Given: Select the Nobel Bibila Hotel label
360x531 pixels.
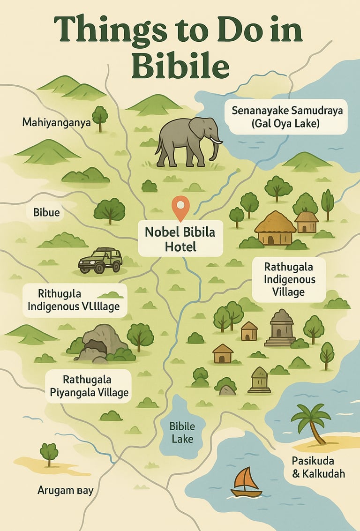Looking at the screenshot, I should [x=180, y=239].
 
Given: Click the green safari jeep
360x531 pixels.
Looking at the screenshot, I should [x=100, y=260].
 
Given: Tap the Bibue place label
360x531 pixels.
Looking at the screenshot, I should [x=46, y=212].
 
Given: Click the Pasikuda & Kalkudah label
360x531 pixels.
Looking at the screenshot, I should [x=318, y=466].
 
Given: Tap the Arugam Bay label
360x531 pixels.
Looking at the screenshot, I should [x=65, y=491].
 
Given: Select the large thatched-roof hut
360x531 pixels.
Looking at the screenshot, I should [x=275, y=228].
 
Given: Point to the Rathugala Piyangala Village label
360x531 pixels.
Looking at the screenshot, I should [x=90, y=386].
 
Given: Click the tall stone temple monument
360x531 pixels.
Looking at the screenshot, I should [x=281, y=328].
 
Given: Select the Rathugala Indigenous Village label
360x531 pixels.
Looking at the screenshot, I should [x=289, y=279].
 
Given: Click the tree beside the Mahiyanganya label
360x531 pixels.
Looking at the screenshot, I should [x=100, y=117].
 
